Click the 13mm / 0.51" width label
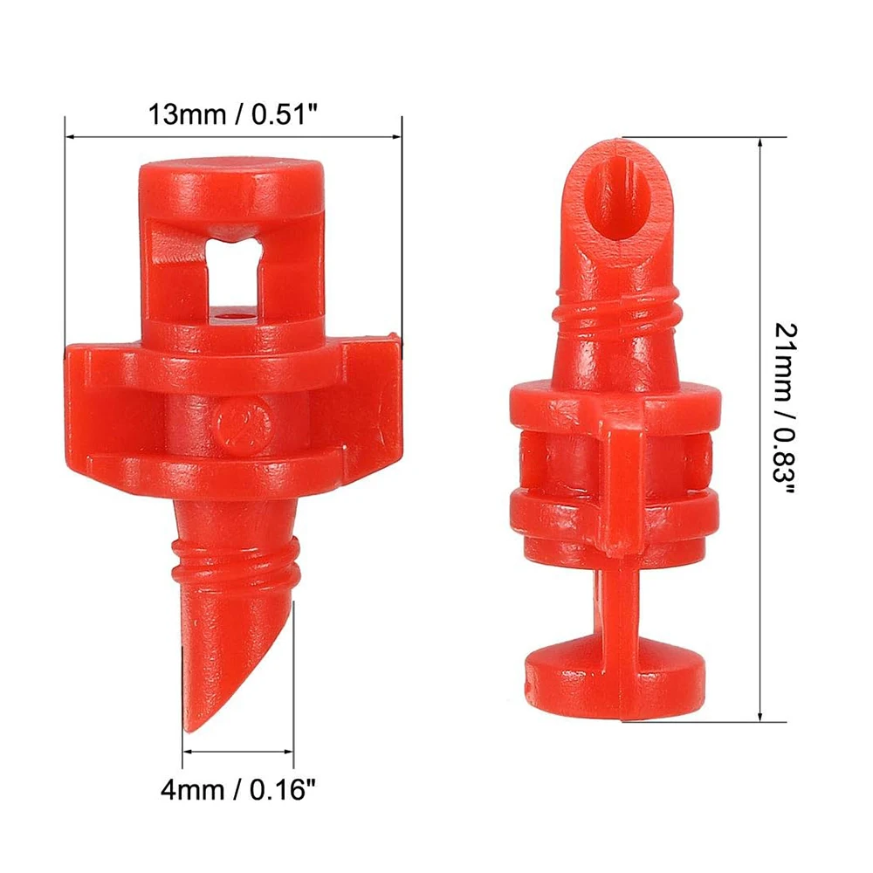click(233, 114)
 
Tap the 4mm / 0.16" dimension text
click(238, 789)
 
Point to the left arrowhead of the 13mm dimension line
click(70, 136)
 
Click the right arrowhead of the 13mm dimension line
click(397, 136)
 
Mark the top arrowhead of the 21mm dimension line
click(760, 142)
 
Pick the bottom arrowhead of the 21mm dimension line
click(760, 717)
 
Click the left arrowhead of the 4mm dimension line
click(187, 751)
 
